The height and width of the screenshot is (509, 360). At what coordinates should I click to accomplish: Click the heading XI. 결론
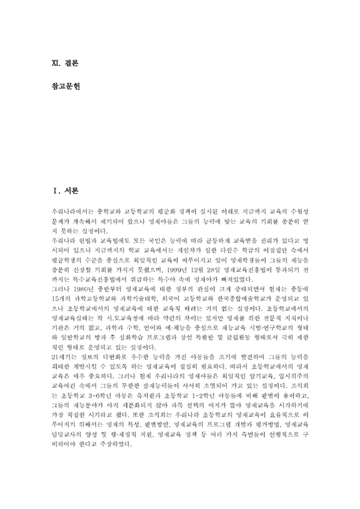65,64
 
